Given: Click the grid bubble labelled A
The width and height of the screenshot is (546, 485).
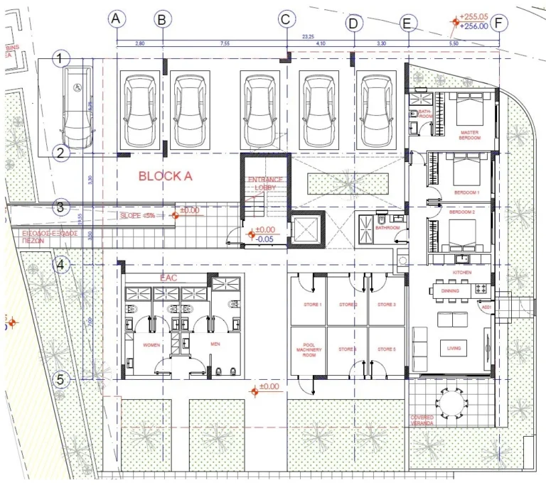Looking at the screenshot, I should (x=117, y=20).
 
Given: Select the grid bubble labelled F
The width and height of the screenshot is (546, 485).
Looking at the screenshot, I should (x=499, y=22).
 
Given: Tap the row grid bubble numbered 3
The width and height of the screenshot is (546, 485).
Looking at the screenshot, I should (x=61, y=207).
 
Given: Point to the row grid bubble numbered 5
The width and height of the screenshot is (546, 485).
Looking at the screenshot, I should (x=61, y=379).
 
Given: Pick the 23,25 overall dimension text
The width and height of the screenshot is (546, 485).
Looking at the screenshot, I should (x=308, y=36).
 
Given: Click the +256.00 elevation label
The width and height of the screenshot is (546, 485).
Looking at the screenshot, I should (x=474, y=26).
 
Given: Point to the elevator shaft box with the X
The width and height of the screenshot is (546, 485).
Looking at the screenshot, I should (x=307, y=229).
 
